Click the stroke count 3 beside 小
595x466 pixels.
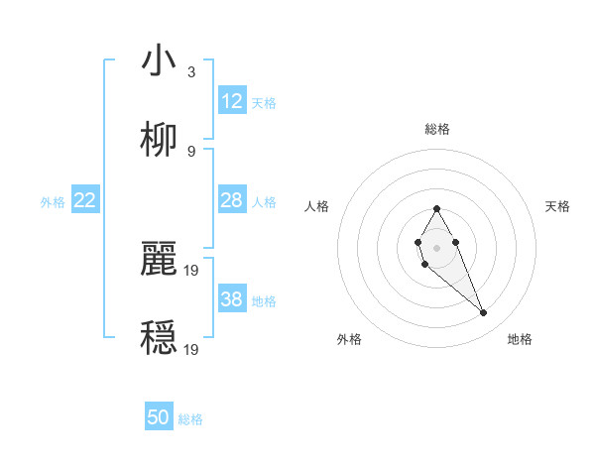click(x=191, y=72)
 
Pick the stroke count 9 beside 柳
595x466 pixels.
click(x=191, y=151)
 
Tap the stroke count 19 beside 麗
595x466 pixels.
click(x=192, y=270)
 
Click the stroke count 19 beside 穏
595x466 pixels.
click(x=192, y=349)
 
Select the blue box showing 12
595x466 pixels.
click(x=232, y=101)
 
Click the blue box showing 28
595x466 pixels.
click(x=232, y=200)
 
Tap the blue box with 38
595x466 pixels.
click(x=232, y=299)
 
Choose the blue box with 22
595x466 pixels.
click(x=85, y=200)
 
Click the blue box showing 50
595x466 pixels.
click(x=159, y=417)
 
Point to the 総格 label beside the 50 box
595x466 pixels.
click(x=191, y=419)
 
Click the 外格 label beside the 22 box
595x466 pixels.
click(x=53, y=202)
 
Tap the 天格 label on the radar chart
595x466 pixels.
click(x=558, y=206)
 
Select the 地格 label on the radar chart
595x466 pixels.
click(x=520, y=339)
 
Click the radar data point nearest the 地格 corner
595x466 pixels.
click(x=484, y=313)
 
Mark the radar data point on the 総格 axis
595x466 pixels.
click(x=436, y=208)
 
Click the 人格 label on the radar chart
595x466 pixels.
click(x=316, y=206)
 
